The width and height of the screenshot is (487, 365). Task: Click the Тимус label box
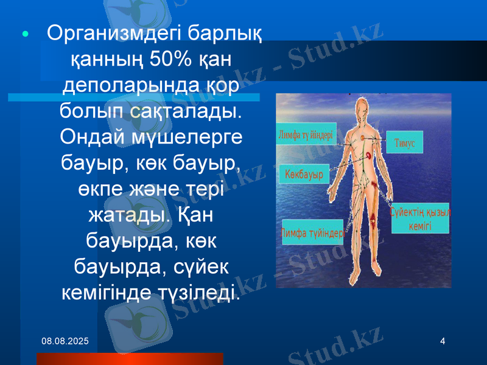(x=404, y=142)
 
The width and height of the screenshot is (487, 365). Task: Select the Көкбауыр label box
(x=304, y=174)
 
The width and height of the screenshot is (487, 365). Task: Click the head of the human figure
(x=363, y=110)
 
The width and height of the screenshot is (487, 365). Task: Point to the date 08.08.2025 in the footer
(x=64, y=341)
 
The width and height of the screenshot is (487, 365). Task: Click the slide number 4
(x=443, y=341)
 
